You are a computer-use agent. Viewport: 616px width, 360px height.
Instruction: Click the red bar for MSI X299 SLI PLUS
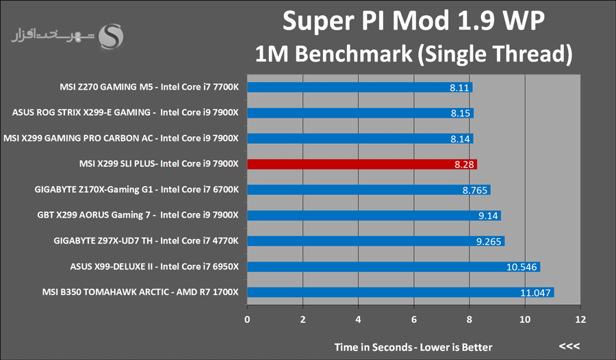point(361,164)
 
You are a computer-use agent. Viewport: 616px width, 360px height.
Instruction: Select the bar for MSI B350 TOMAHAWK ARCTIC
point(400,292)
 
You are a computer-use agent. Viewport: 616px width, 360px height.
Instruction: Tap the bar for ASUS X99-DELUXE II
point(393,267)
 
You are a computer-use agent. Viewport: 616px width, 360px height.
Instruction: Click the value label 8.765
point(474,190)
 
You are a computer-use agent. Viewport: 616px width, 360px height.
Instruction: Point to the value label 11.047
point(536,292)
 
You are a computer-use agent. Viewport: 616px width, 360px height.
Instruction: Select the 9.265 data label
point(488,241)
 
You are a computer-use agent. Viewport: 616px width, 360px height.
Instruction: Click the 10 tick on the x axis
point(524,319)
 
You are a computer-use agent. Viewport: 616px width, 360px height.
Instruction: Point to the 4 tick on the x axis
point(358,319)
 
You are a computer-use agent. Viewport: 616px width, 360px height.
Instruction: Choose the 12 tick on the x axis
point(580,319)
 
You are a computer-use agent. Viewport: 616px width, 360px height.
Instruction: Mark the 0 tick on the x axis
point(247,319)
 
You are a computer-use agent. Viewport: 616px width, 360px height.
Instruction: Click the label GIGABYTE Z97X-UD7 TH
point(146,241)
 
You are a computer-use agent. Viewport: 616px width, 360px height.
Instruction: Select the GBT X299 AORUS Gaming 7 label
point(138,216)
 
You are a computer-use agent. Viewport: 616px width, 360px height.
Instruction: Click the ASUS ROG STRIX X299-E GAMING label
point(125,113)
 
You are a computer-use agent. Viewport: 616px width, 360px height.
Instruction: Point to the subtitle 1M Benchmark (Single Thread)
point(413,53)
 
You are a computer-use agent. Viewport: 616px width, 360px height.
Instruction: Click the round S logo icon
point(111,37)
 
